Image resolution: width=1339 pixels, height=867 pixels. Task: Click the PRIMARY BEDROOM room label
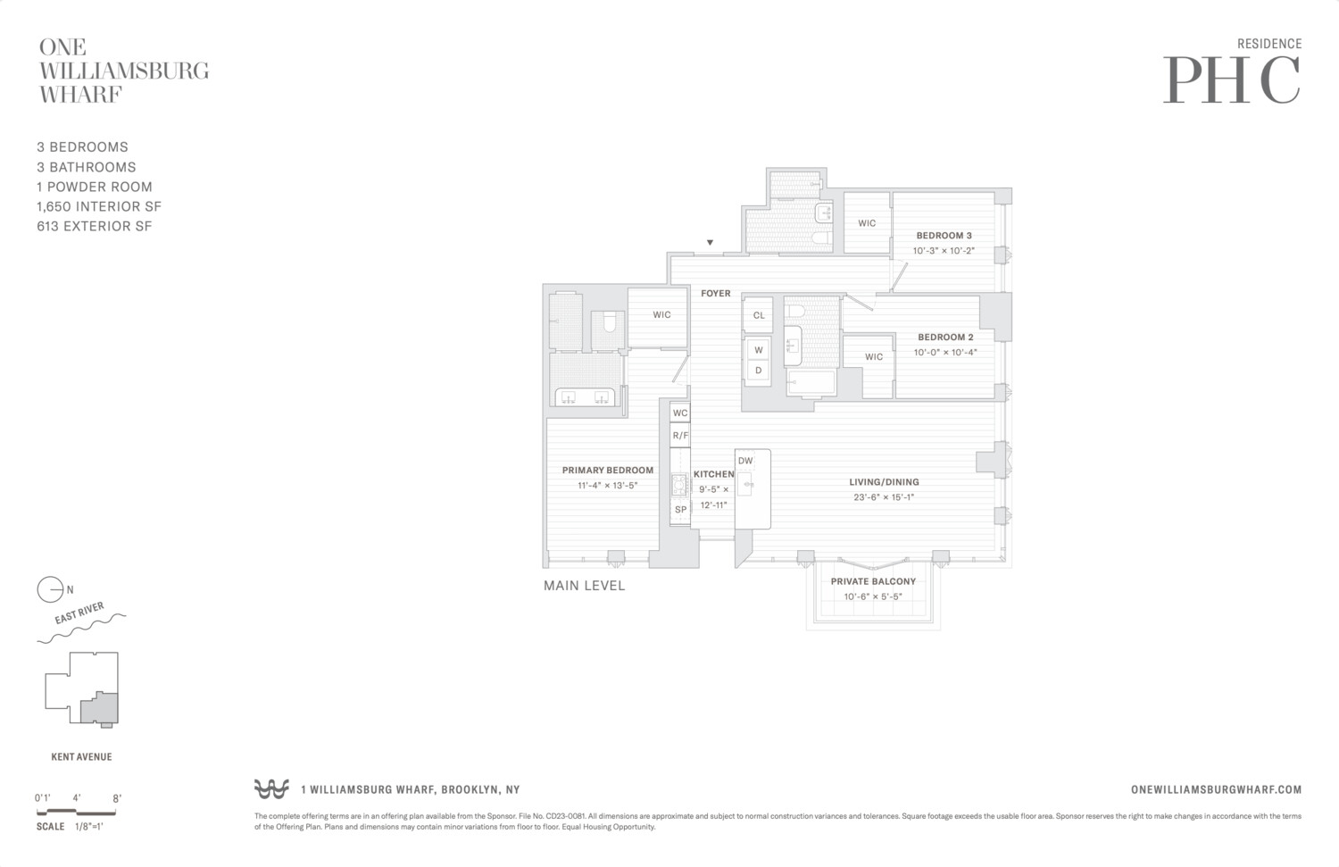607,470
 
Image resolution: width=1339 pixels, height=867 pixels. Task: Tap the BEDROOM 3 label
944,236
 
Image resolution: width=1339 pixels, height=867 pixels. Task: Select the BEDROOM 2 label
945,338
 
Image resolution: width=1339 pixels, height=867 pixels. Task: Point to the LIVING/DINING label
884,482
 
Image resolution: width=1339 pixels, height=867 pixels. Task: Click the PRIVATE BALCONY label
873,581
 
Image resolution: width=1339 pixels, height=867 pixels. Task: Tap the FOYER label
716,293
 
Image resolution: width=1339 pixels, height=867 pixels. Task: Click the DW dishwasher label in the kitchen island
745,461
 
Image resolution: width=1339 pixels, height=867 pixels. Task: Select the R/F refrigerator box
680,436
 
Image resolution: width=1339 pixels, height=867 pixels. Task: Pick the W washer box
759,350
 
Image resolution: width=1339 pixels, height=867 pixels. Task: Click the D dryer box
759,371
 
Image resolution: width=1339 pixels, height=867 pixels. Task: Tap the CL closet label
759,315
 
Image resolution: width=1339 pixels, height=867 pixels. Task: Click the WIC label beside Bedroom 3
867,223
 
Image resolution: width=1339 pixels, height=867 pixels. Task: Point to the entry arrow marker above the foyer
711,243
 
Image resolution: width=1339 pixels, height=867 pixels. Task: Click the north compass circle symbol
50,590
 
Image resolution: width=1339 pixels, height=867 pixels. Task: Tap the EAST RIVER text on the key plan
79,613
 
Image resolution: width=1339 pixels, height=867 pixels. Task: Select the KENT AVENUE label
81,757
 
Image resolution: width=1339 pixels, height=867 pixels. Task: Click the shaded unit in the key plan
99,708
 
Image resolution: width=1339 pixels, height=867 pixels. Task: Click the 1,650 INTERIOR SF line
99,206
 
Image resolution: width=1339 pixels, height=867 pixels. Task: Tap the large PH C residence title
1231,80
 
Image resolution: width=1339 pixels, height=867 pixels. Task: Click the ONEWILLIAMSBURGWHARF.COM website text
1216,789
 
